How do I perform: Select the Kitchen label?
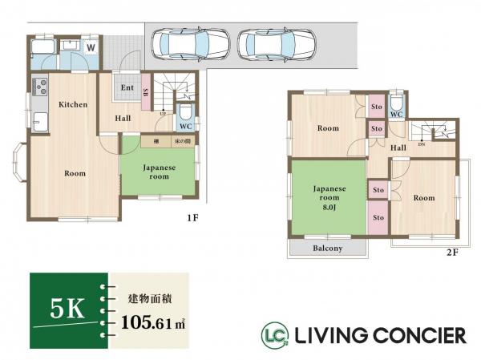[72, 104]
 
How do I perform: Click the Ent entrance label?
[127, 87]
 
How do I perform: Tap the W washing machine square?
[91, 47]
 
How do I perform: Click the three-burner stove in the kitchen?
[38, 86]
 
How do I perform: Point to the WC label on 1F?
[184, 127]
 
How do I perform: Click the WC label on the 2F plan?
[396, 115]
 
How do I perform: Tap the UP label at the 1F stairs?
[164, 113]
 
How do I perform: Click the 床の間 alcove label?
[184, 142]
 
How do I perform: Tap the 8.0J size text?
[329, 206]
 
